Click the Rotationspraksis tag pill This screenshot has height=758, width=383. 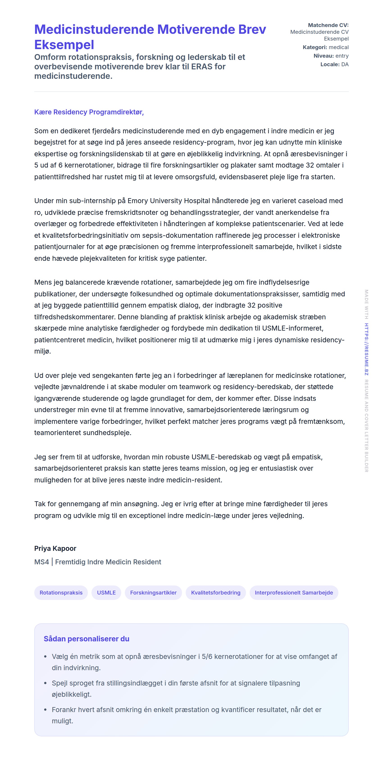click(61, 592)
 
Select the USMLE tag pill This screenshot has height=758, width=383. click(106, 592)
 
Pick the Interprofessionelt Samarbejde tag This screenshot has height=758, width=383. click(294, 592)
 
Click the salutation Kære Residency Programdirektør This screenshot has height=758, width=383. click(89, 112)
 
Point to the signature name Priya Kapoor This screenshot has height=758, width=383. click(55, 548)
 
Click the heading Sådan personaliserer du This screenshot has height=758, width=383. click(86, 638)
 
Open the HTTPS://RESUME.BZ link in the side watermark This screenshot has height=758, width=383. click(366, 349)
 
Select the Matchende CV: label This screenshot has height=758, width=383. click(328, 25)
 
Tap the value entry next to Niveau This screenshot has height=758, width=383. click(342, 56)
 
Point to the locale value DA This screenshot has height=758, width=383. click(345, 64)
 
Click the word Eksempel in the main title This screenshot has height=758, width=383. click(64, 45)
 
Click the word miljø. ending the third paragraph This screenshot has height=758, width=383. click(42, 351)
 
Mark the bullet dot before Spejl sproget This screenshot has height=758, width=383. click(45, 683)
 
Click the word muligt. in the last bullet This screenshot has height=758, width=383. click(62, 721)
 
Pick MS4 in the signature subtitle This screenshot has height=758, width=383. click(41, 562)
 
